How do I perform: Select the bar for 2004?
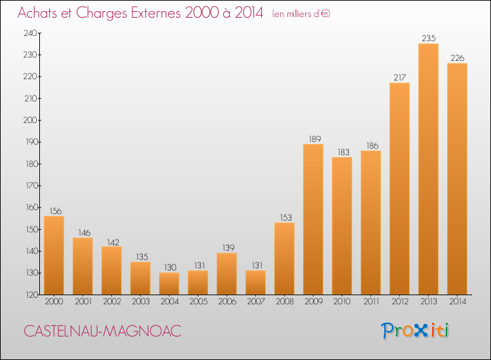click(169, 283)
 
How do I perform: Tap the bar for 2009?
click(313, 219)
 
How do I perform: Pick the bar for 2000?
click(54, 255)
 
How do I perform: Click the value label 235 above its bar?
click(428, 39)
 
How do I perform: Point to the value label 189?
click(313, 139)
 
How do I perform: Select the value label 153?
click(284, 217)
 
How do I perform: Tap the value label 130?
click(169, 267)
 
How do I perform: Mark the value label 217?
click(399, 78)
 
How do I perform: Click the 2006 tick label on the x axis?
click(227, 302)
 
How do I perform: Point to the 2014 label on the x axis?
click(457, 302)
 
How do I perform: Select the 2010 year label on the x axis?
click(342, 302)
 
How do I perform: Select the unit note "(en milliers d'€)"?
click(301, 14)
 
